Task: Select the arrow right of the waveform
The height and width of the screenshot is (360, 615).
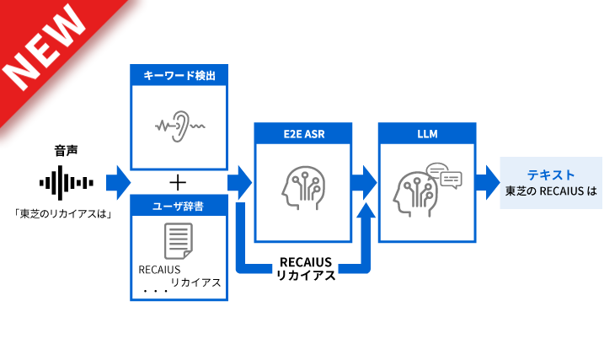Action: click(x=118, y=181)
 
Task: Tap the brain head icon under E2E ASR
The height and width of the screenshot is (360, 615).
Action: click(x=302, y=186)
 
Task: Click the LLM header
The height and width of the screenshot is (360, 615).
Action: click(x=426, y=133)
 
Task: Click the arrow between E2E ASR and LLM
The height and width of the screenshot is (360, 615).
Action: click(x=364, y=182)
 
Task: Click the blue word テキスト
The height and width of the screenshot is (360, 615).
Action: click(x=551, y=175)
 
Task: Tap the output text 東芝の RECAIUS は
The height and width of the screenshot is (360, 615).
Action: click(x=551, y=191)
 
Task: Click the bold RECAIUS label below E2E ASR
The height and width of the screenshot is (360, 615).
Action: click(x=306, y=262)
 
